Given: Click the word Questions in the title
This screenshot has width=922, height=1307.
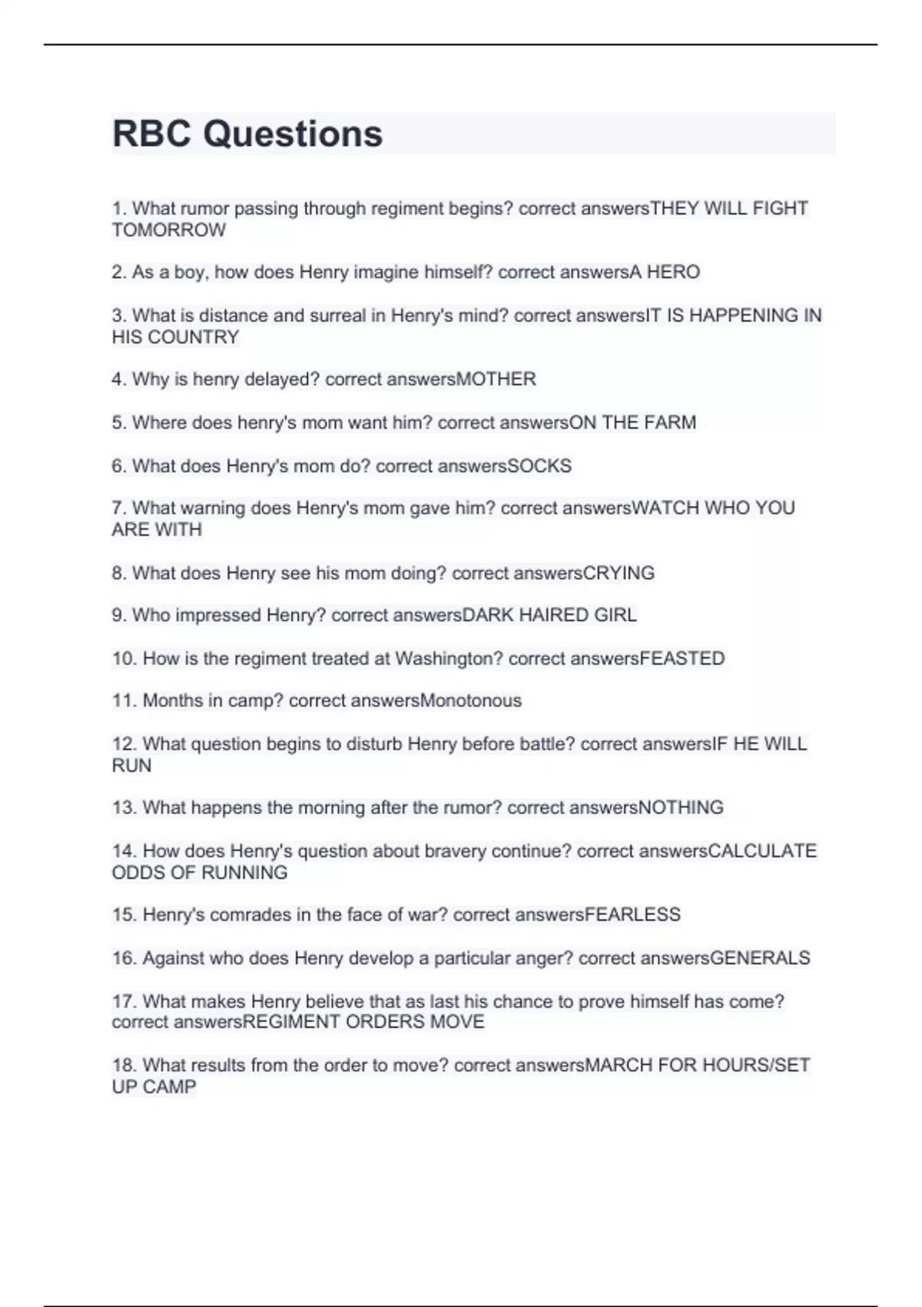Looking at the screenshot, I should [293, 134].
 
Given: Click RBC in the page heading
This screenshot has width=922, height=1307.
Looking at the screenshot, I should [151, 134].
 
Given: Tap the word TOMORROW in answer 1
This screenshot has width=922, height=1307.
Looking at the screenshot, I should [169, 230].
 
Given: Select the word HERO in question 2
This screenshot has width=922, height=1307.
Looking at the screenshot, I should [673, 272].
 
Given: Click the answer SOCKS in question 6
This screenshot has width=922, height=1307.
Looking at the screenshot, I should [540, 466].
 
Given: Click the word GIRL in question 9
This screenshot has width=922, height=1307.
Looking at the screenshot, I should [615, 615].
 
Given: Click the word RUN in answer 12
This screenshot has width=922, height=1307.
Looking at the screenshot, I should [131, 765].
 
